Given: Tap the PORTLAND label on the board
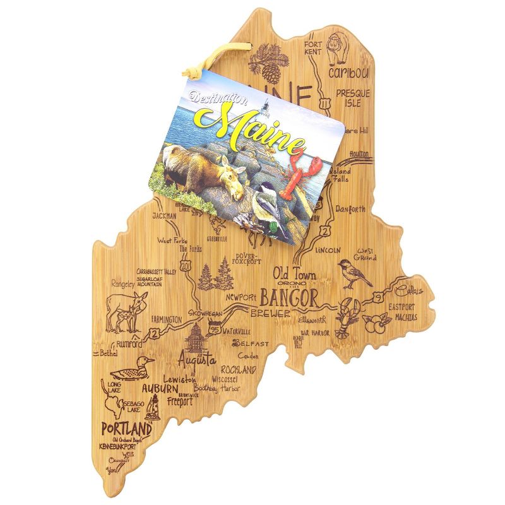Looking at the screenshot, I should [126, 429].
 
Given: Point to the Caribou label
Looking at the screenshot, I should [350, 73].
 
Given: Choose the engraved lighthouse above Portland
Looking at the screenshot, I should [152, 407].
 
